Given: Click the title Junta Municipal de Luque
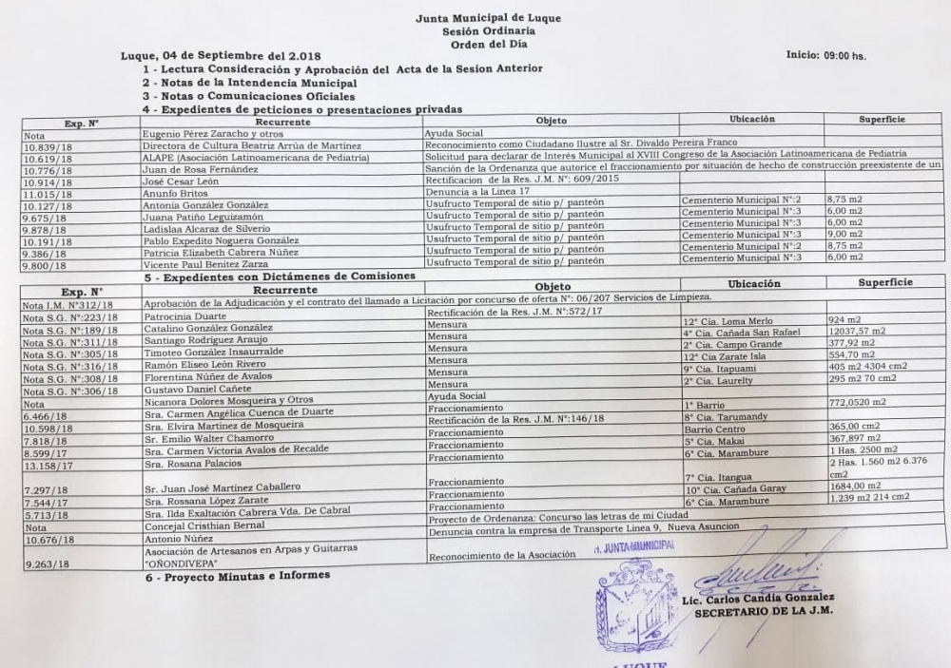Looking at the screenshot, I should tap(475, 18).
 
